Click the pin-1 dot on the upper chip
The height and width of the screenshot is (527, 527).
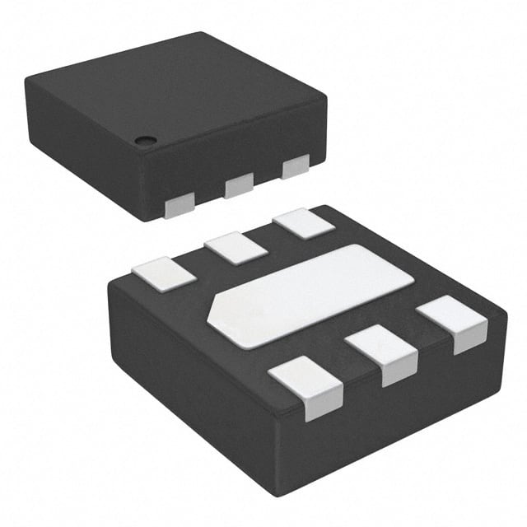click(x=146, y=139)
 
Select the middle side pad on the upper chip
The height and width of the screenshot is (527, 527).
click(x=239, y=185)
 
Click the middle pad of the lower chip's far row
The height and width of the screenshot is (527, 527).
click(x=236, y=248)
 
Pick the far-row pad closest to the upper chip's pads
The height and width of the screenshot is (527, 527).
click(x=304, y=224)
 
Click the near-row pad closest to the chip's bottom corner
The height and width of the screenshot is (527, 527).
click(x=306, y=387)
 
